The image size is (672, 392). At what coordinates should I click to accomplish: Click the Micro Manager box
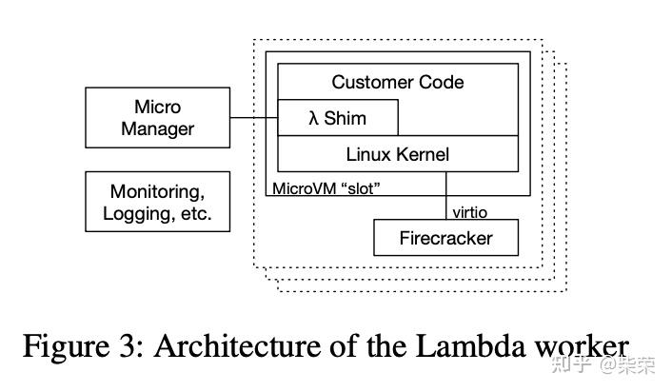tap(157, 118)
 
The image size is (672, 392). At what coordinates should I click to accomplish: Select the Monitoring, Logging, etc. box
tap(157, 202)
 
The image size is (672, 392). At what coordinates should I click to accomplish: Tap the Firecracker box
tap(445, 238)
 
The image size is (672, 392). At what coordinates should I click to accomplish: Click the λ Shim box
tap(337, 119)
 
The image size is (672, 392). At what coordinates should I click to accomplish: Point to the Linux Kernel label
tap(397, 154)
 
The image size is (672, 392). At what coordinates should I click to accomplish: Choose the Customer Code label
tap(397, 82)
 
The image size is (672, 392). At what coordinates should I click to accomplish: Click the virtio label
tap(468, 211)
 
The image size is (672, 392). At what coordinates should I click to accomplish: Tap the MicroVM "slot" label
tap(326, 187)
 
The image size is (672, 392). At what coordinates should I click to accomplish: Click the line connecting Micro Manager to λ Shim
tap(253, 118)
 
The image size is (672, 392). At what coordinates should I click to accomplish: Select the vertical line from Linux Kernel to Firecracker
tap(445, 195)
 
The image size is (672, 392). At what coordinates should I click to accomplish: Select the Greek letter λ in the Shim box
tap(313, 119)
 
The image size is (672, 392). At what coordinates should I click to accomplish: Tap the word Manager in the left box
tap(157, 129)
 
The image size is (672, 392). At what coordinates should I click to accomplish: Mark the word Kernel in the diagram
tap(423, 154)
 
